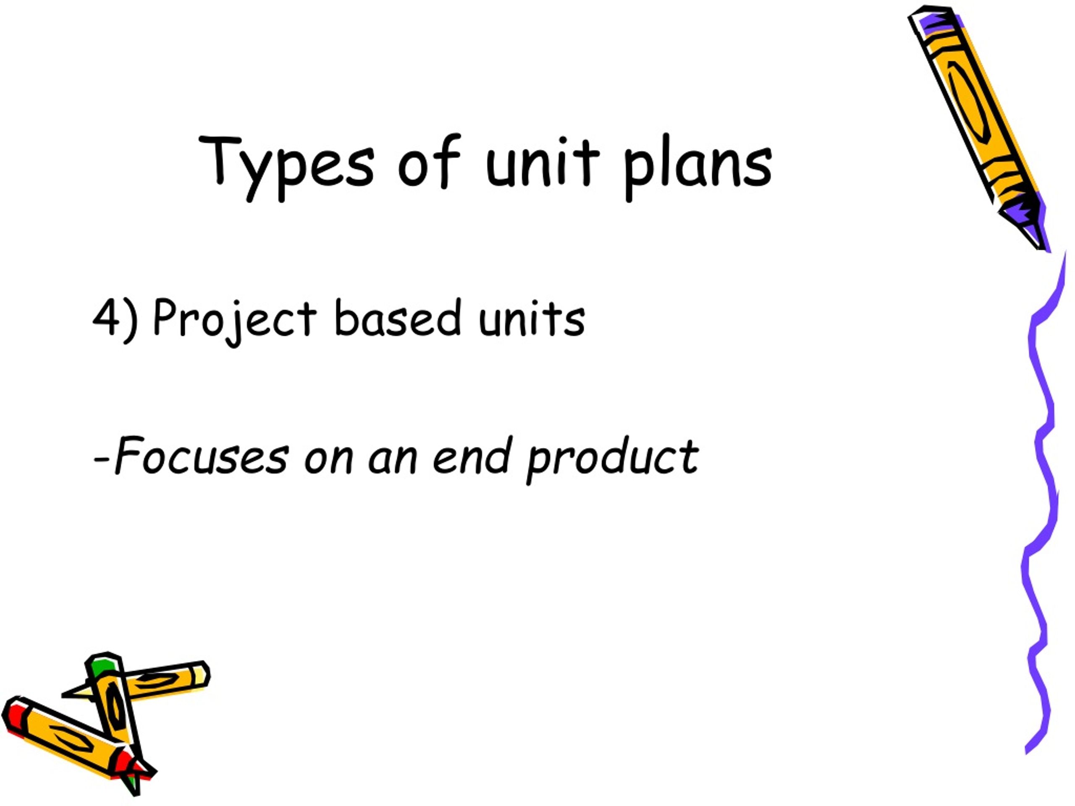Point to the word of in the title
pos(429,160)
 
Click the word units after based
pos(532,318)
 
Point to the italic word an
pos(392,461)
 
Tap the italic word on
pos(328,461)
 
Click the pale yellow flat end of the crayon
pos(200,676)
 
